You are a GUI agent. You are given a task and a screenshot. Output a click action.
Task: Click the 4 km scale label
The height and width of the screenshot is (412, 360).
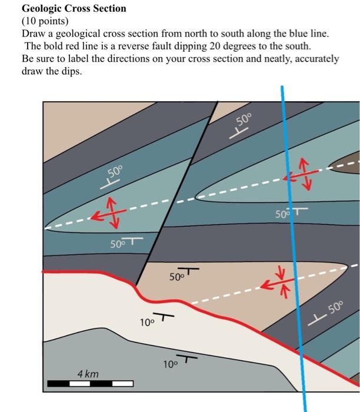click(88, 374)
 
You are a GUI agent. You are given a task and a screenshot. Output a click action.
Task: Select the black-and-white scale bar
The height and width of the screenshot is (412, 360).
click(90, 384)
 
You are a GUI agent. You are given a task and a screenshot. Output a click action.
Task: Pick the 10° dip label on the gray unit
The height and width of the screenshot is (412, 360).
click(170, 364)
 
